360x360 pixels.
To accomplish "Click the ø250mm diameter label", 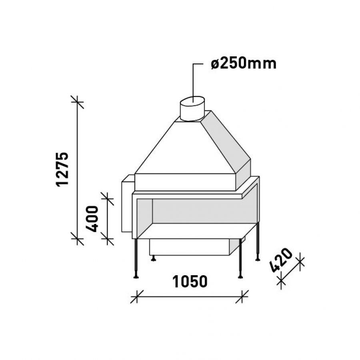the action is (x=244, y=64).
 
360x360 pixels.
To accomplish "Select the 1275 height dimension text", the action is (x=62, y=169).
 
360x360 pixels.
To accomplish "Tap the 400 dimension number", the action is (x=92, y=219).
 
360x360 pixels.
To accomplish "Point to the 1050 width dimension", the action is (x=190, y=282).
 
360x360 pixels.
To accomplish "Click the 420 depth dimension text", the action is (x=282, y=260).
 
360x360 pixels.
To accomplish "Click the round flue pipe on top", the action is (x=192, y=108).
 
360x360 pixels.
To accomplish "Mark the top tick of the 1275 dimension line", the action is (x=77, y=102).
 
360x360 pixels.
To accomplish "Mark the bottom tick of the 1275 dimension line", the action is (x=77, y=238).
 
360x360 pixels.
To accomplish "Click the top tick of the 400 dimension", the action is (x=108, y=198).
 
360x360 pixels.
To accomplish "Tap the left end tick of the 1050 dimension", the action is (x=137, y=297).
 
